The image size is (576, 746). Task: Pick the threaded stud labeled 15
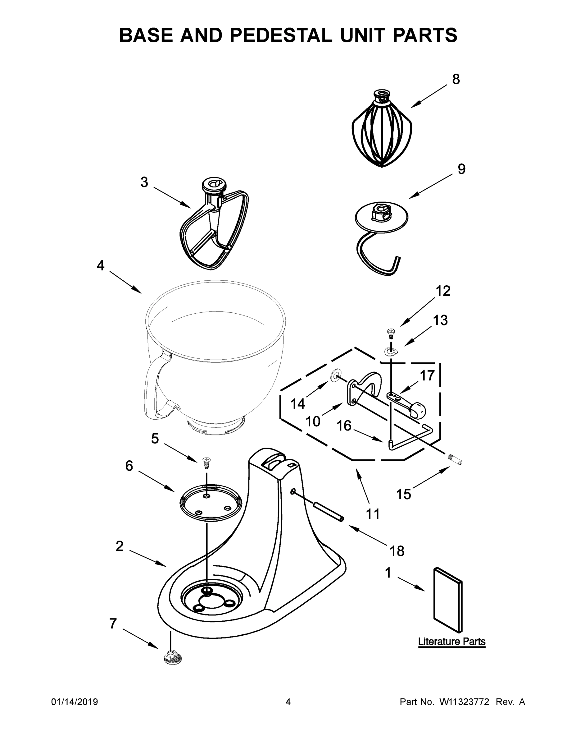pos(455,459)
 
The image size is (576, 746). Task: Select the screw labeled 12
pos(390,331)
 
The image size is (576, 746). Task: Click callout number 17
pos(427,375)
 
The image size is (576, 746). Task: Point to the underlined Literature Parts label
pos(451,641)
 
